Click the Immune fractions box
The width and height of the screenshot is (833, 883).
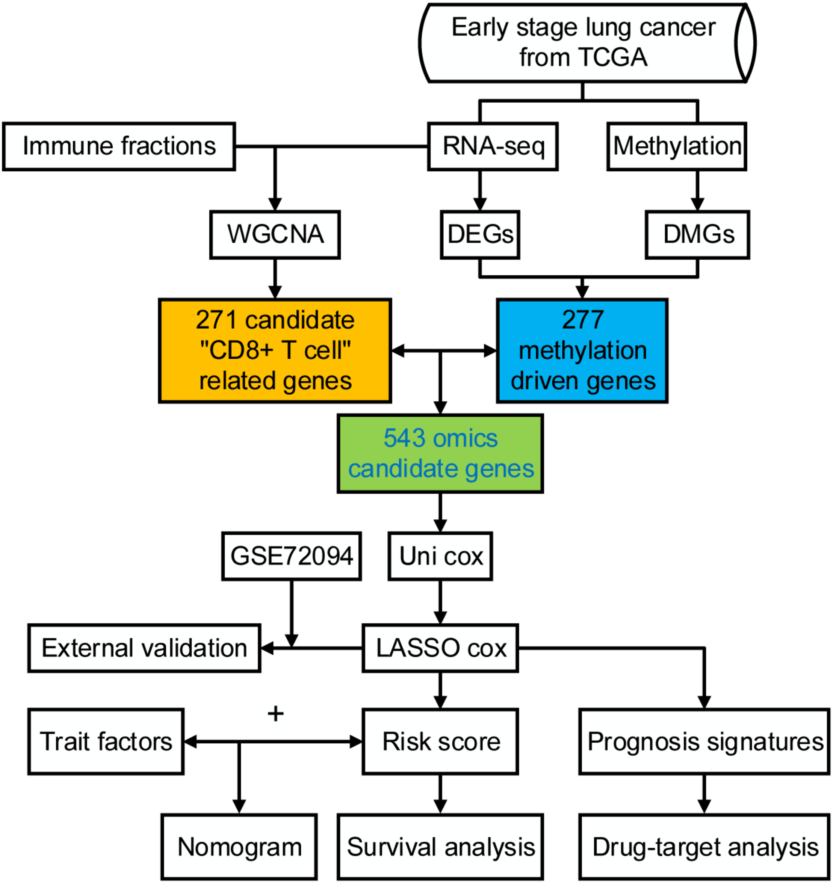pos(119,146)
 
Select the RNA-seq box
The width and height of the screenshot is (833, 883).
pos(493,146)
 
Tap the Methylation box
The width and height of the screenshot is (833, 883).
pos(677,146)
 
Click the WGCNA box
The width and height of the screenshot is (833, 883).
pos(275,234)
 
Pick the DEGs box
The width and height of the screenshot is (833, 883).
pos(480,234)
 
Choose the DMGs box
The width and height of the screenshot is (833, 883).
pos(697,234)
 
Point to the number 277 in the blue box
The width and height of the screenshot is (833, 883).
pos(582,320)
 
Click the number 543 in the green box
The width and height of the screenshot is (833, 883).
pos(404,438)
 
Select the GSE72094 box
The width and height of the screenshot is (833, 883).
pos(292,556)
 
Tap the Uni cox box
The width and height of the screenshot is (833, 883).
pos(440,556)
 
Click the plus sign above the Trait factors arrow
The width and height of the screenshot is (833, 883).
pos(275,714)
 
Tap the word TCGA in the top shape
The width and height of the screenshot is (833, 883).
pos(613,58)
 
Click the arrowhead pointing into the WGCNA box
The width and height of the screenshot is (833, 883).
pos(275,204)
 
